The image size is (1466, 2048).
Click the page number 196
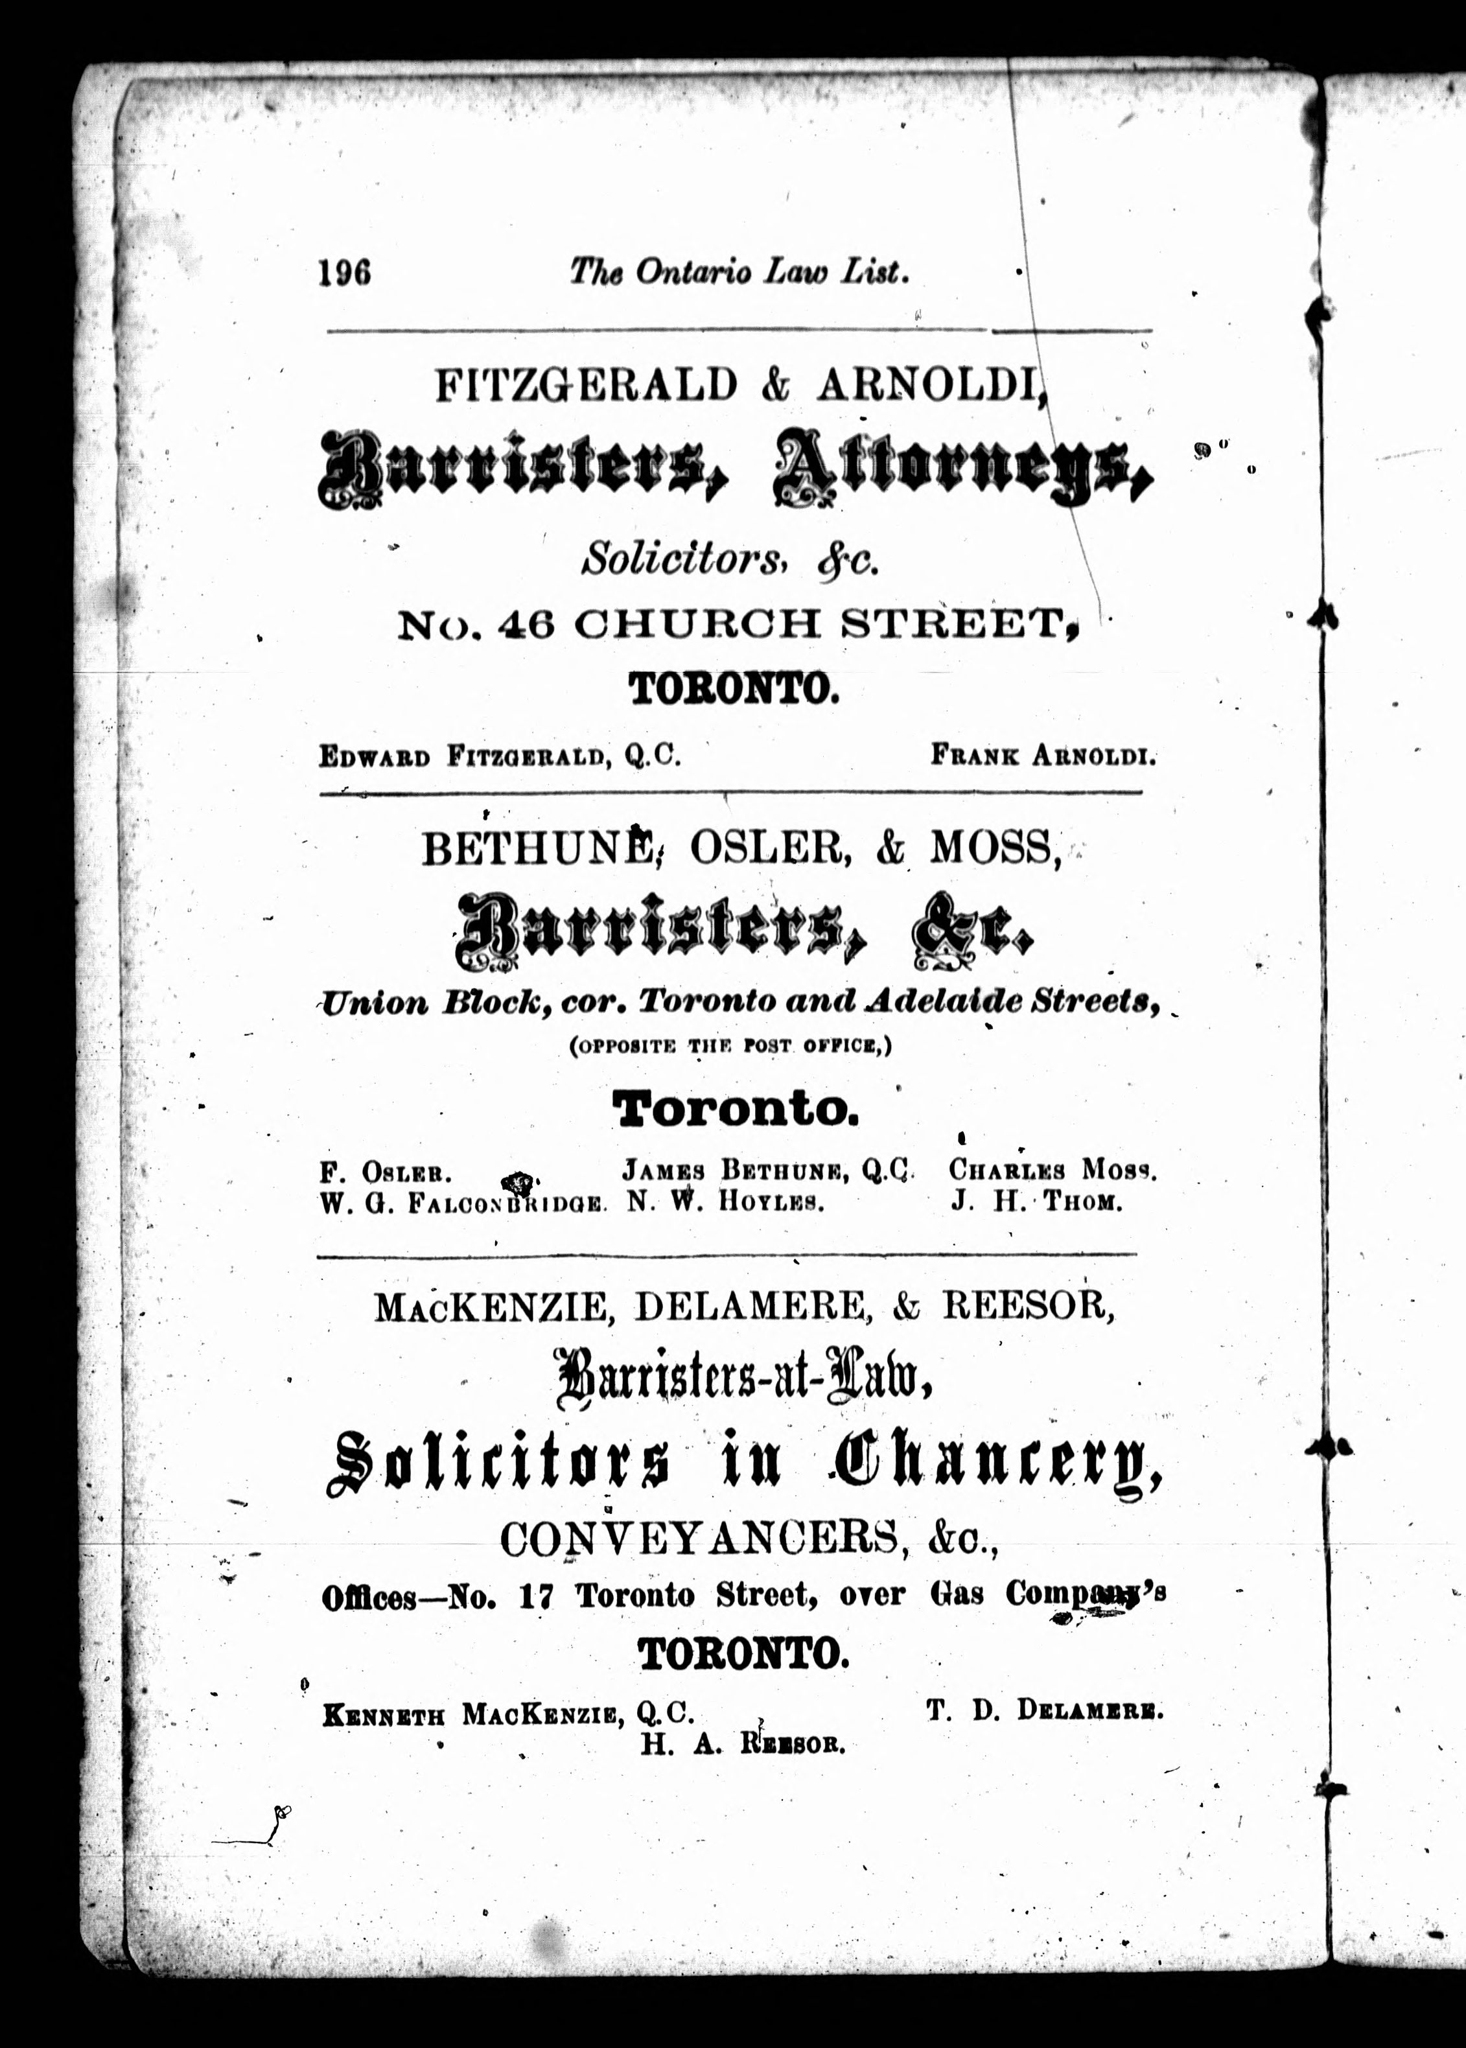(344, 271)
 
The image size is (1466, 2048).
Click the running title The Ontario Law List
(738, 271)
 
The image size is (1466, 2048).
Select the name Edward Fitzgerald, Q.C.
(499, 756)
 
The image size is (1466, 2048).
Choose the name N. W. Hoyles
(727, 1202)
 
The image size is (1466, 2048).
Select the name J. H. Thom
(1036, 1202)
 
